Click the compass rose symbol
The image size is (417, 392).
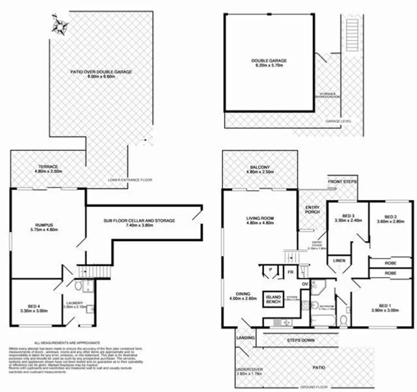pos(61,25)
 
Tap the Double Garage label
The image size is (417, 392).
pos(269,63)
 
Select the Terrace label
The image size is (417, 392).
pos(48,169)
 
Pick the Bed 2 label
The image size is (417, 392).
pos(390,219)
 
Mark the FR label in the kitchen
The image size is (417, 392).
pos(290,269)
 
